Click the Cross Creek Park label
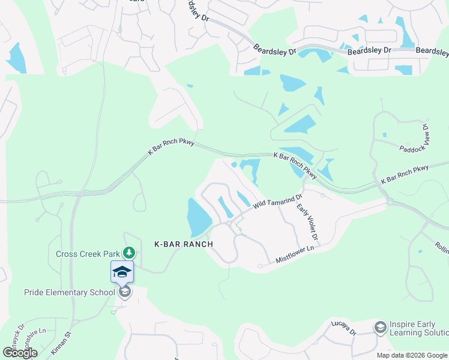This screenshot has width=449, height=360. [88, 254]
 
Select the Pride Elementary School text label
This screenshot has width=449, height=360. [69, 293]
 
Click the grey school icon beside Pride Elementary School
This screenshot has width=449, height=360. [125, 292]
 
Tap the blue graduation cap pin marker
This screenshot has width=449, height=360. [122, 272]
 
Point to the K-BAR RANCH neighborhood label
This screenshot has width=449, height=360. [184, 245]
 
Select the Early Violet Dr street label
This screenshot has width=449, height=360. [307, 224]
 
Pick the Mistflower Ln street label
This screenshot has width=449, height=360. [295, 254]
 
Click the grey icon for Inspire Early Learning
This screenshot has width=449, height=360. [380, 328]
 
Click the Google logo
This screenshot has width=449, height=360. [20, 353]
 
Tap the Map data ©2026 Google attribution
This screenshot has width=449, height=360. [411, 355]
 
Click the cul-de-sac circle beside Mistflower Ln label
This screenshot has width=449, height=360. [260, 266]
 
